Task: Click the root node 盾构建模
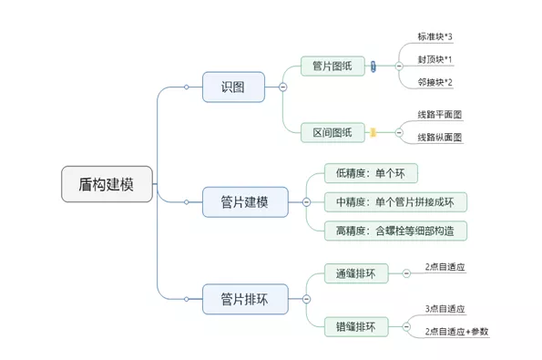click(107, 184)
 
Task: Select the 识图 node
click(233, 87)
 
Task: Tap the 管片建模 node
click(244, 201)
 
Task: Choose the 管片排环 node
click(244, 297)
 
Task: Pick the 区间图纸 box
click(332, 132)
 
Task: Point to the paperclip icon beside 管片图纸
click(373, 67)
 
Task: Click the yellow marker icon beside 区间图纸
click(373, 132)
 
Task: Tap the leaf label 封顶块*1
click(435, 59)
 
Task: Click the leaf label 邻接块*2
click(435, 82)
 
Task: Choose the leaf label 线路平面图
click(440, 115)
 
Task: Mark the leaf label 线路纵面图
click(440, 138)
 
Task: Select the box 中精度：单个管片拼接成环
click(395, 201)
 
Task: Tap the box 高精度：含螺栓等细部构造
click(395, 230)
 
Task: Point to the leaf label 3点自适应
click(445, 309)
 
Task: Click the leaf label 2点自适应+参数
click(456, 332)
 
